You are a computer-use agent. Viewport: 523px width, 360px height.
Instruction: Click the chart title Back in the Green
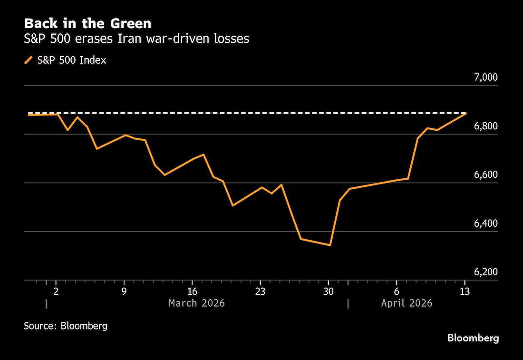tap(87, 23)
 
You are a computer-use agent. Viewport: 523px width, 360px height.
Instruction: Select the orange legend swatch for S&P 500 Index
tap(29, 60)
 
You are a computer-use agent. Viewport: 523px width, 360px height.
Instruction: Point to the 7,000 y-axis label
tap(485, 78)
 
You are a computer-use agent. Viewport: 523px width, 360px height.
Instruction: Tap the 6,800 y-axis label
tap(485, 126)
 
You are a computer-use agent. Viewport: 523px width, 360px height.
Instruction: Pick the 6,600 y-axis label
tap(485, 175)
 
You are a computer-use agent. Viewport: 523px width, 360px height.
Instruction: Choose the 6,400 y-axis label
tap(485, 223)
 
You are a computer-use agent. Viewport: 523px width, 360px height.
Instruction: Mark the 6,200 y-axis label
tap(485, 272)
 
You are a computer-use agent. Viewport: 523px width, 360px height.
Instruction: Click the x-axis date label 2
tap(56, 291)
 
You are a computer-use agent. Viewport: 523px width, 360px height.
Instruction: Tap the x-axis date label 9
tap(124, 291)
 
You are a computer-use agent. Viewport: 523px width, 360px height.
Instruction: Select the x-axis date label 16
tap(192, 291)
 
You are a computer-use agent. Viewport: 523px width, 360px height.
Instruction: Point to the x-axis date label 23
tap(260, 291)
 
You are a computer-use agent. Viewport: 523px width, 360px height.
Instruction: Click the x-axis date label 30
tap(329, 291)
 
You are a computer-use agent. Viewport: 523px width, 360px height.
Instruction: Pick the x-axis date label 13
tap(465, 291)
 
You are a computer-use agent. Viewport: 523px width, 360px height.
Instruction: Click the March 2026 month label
tap(197, 303)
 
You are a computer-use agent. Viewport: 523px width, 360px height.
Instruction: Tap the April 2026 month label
tap(407, 303)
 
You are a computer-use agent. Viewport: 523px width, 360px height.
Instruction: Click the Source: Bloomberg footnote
tap(66, 326)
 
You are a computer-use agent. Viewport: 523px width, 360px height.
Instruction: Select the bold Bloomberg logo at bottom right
tap(473, 338)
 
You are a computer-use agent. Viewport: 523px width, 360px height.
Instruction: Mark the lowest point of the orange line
tap(330, 245)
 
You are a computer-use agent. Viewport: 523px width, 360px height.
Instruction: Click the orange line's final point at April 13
tap(466, 114)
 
